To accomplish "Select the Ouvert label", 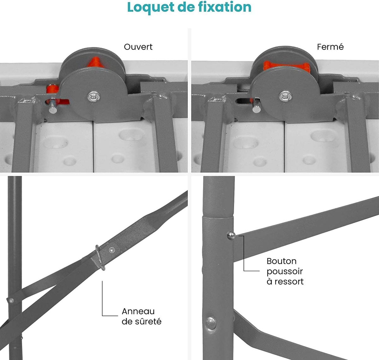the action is (138, 47).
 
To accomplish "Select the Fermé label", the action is (330, 47).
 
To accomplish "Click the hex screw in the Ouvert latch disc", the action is (93, 97).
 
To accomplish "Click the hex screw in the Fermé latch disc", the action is (286, 96).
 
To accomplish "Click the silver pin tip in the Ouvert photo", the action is (53, 109).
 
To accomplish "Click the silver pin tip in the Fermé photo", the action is (256, 109).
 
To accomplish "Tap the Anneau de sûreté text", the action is (141, 316).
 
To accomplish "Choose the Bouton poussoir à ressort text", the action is (285, 271).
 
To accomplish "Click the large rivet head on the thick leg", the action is (211, 323).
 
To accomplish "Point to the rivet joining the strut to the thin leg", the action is (11, 300).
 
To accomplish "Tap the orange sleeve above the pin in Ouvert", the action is (52, 89).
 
